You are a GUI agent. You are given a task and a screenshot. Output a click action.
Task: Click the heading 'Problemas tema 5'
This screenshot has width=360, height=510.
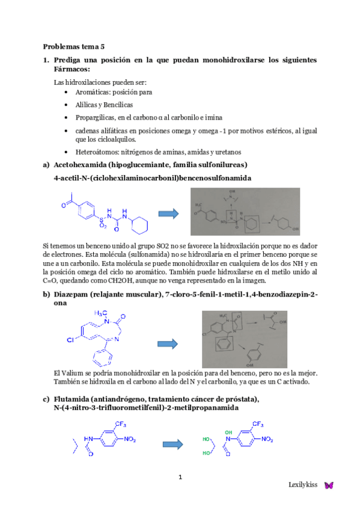tap(73, 47)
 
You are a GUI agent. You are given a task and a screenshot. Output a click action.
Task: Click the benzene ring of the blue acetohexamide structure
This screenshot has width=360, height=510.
tap(83, 211)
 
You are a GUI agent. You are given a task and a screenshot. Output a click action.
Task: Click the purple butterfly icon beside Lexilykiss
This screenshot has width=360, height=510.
tap(328, 485)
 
